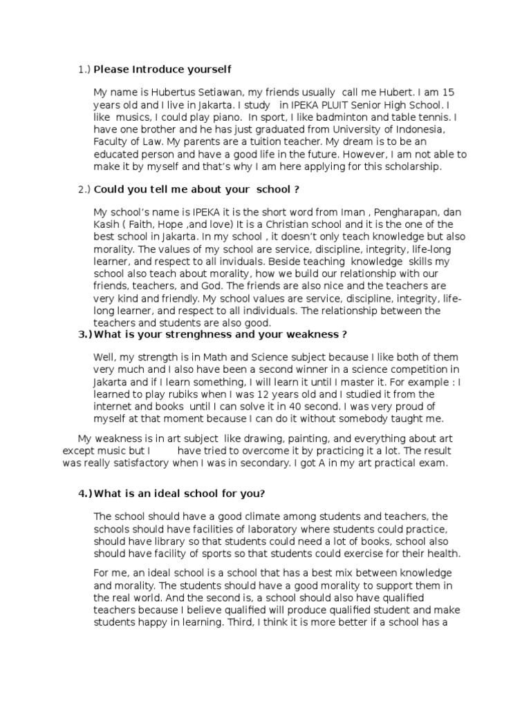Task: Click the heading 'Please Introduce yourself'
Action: pos(162,69)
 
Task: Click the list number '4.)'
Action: pos(85,493)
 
